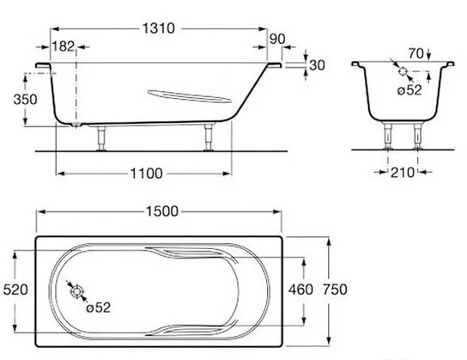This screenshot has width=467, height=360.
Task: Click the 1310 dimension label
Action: point(159,28)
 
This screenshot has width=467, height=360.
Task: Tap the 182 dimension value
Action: point(64,46)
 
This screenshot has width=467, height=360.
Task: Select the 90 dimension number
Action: point(277,39)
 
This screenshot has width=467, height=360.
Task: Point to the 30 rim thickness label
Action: point(317,65)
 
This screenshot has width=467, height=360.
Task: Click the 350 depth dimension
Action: point(25,100)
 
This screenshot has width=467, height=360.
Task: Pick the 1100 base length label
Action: point(147,174)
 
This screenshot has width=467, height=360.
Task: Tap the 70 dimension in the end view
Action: point(415,53)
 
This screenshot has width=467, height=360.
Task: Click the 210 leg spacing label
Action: point(403,172)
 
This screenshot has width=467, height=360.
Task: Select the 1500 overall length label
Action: point(162,211)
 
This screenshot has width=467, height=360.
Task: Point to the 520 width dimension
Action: point(15,290)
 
